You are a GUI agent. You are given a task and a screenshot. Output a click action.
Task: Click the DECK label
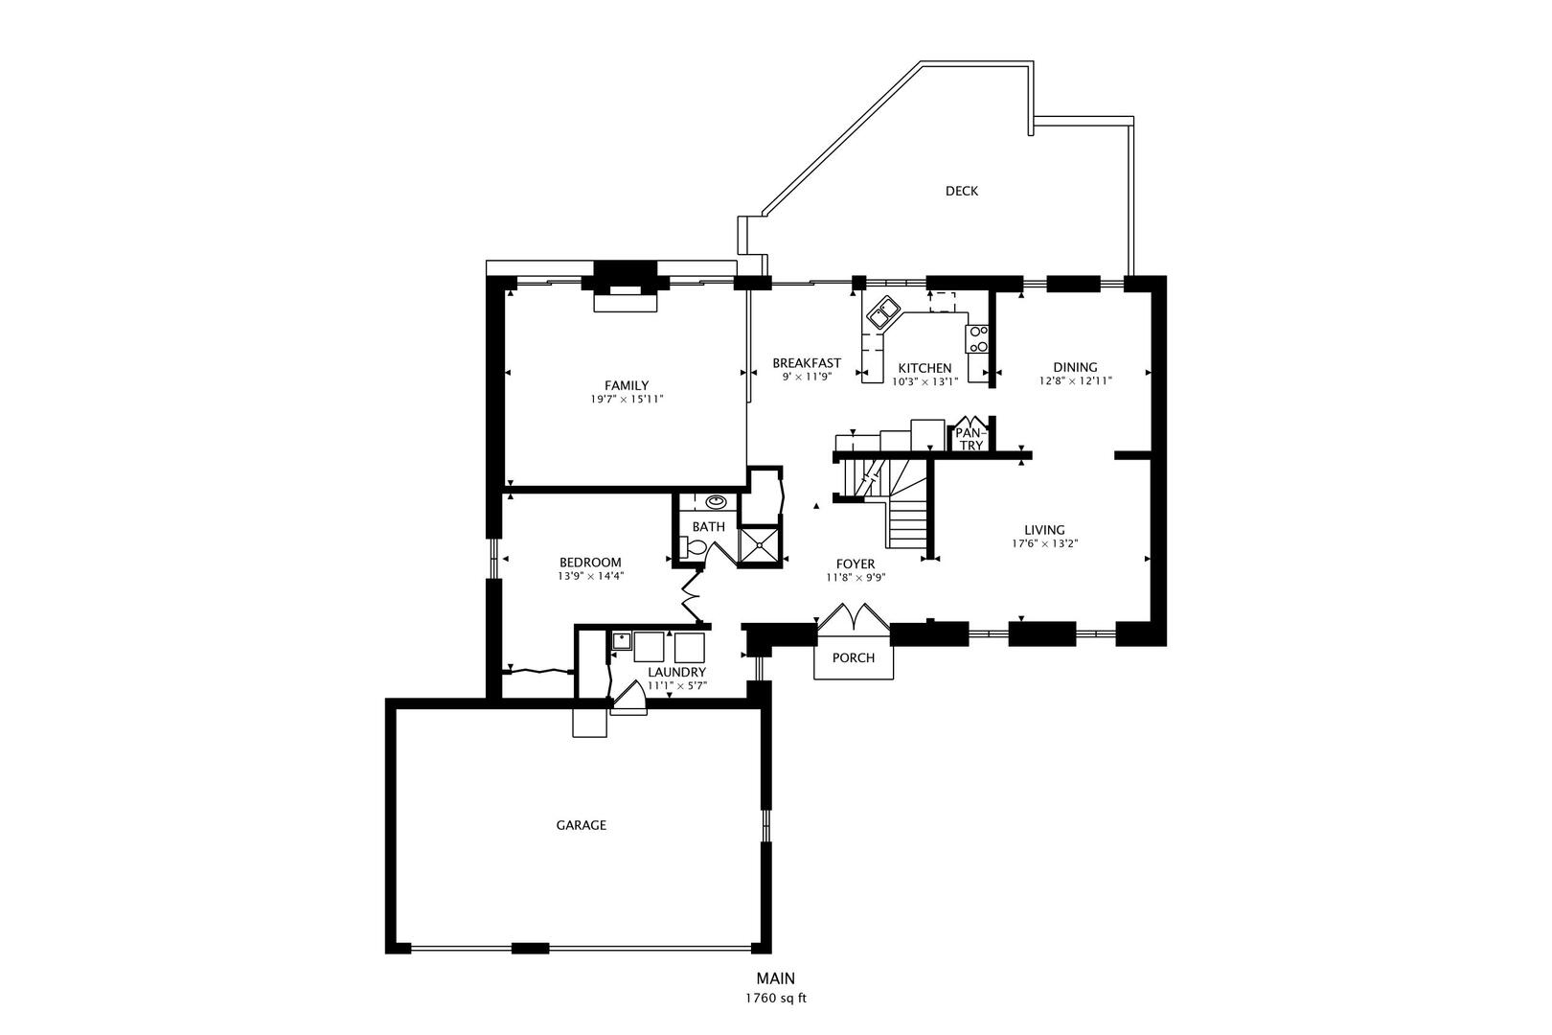click(x=962, y=191)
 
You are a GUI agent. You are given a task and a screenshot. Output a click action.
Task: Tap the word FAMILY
click(x=627, y=385)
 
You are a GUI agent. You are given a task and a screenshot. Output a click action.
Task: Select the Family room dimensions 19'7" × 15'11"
click(x=627, y=400)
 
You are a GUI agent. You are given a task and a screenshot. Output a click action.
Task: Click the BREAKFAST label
click(x=807, y=362)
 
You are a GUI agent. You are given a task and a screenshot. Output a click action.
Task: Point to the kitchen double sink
click(x=882, y=312)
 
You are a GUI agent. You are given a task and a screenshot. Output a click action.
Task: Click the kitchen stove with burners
click(x=977, y=339)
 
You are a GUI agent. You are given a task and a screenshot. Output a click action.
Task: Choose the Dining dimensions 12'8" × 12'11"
click(x=1075, y=380)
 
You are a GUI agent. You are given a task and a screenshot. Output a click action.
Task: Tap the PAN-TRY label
click(x=970, y=439)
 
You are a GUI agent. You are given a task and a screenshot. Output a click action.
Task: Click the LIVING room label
click(x=1045, y=530)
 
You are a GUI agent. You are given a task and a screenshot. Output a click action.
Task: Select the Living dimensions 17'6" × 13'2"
click(x=1045, y=544)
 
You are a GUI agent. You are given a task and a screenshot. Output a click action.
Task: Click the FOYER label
click(x=855, y=563)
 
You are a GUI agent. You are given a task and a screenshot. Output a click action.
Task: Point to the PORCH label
click(x=854, y=657)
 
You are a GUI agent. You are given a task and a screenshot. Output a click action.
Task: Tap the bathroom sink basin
click(x=715, y=501)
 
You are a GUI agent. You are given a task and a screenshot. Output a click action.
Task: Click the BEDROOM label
click(x=590, y=563)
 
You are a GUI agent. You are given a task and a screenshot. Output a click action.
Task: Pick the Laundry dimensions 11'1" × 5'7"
click(x=677, y=685)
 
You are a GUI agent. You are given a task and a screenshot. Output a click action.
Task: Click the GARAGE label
click(x=582, y=825)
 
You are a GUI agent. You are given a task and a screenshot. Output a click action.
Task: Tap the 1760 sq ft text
click(x=776, y=999)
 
